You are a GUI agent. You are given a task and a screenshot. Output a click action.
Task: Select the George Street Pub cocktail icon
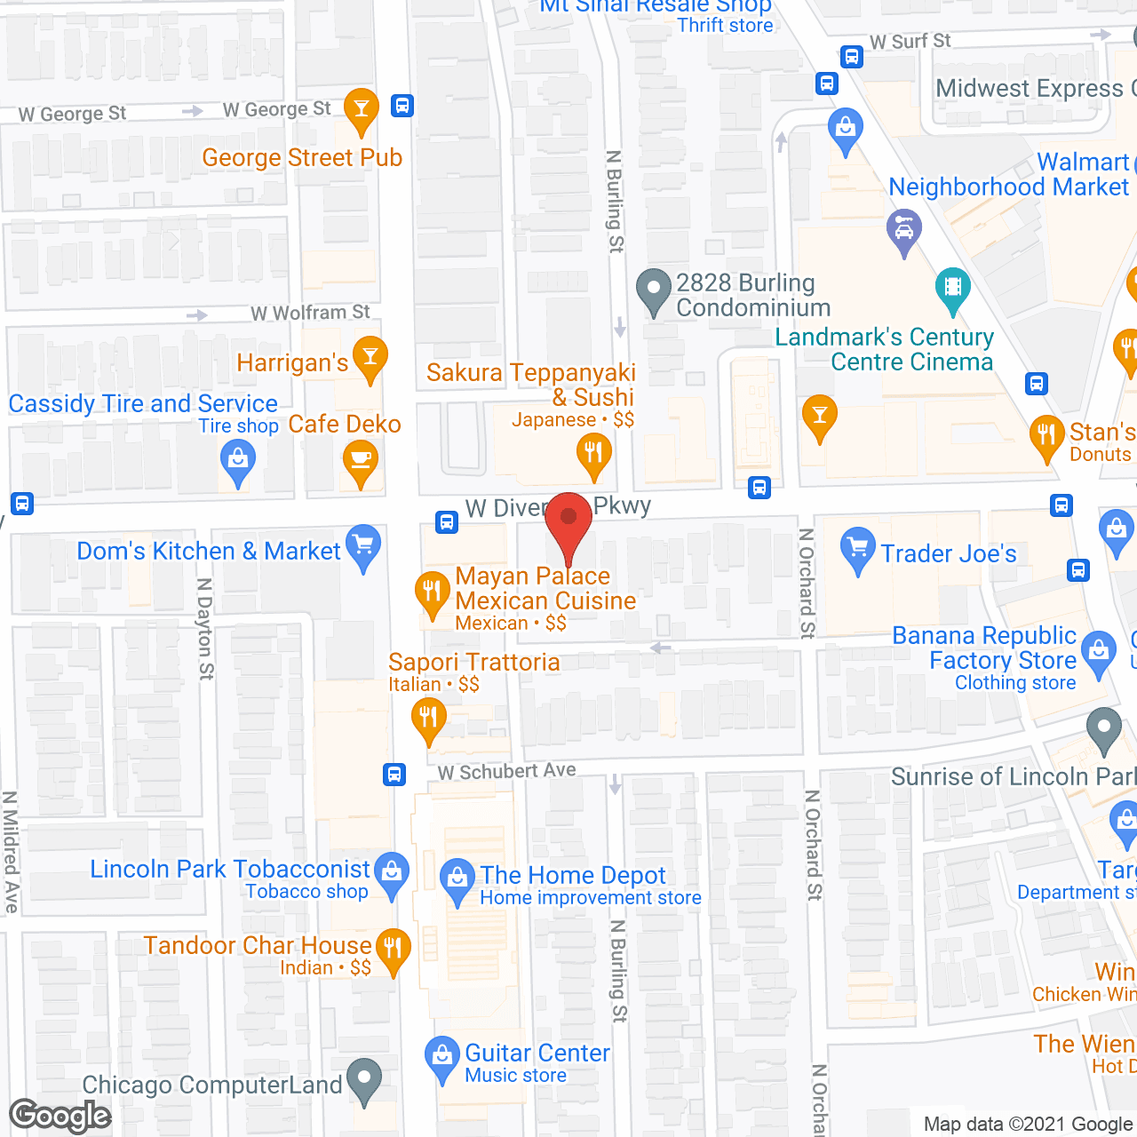click(x=362, y=108)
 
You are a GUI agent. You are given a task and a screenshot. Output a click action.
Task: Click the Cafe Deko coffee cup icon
click(x=361, y=460)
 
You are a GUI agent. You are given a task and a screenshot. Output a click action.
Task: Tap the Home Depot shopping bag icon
click(x=457, y=878)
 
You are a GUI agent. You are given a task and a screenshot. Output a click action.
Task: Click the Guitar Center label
click(x=537, y=1054)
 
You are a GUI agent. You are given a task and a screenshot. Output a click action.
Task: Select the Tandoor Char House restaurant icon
click(x=393, y=948)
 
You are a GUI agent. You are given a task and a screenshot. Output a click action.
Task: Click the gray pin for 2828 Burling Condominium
click(x=655, y=289)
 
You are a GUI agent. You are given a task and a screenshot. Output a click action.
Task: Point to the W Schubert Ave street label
click(x=507, y=771)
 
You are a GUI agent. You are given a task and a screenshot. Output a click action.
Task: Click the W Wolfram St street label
click(x=310, y=313)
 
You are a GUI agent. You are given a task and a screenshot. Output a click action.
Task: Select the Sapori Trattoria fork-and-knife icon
click(x=429, y=716)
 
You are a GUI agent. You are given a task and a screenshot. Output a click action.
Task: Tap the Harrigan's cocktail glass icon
click(x=370, y=356)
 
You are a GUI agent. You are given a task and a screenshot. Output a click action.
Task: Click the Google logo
click(x=60, y=1116)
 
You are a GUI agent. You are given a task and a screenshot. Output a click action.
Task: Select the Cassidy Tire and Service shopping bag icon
click(x=237, y=459)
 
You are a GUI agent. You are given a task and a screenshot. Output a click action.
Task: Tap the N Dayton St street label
click(x=205, y=629)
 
